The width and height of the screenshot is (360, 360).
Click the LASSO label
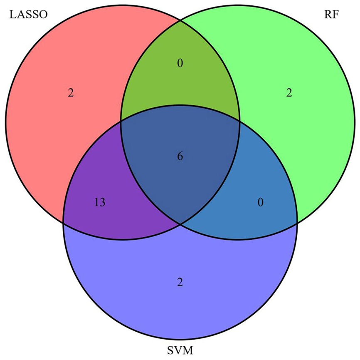(x=28, y=15)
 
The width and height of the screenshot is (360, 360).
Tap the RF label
(x=331, y=15)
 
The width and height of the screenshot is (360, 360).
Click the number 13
(x=100, y=203)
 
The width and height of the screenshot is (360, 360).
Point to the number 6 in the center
(x=180, y=156)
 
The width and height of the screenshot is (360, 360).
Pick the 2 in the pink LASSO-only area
(x=71, y=93)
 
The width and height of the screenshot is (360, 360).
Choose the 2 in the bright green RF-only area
(x=289, y=93)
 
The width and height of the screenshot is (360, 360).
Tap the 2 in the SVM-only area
(x=180, y=282)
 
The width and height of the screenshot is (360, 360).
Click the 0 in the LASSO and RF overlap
(x=180, y=63)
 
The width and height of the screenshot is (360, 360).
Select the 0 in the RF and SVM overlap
(x=260, y=203)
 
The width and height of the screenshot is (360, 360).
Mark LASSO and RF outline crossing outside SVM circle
(x=180, y=20)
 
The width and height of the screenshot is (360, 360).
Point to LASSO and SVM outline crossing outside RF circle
(x=63, y=223)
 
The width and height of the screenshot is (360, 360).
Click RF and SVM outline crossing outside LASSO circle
(x=297, y=223)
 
